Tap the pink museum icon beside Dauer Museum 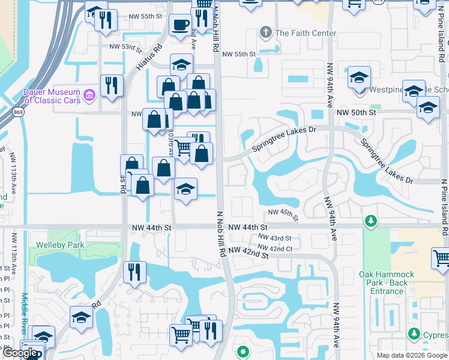point(89,94)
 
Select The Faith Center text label point(305,33)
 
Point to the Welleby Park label point(60,245)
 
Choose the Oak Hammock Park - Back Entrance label point(383,283)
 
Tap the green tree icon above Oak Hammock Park point(371,222)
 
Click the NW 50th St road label point(356,112)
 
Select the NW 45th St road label point(283,212)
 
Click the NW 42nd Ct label point(275,248)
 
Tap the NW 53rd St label point(125,47)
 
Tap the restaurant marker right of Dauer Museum point(112,85)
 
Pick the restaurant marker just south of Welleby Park point(134,272)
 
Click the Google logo point(20,353)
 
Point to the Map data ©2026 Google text point(411,355)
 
